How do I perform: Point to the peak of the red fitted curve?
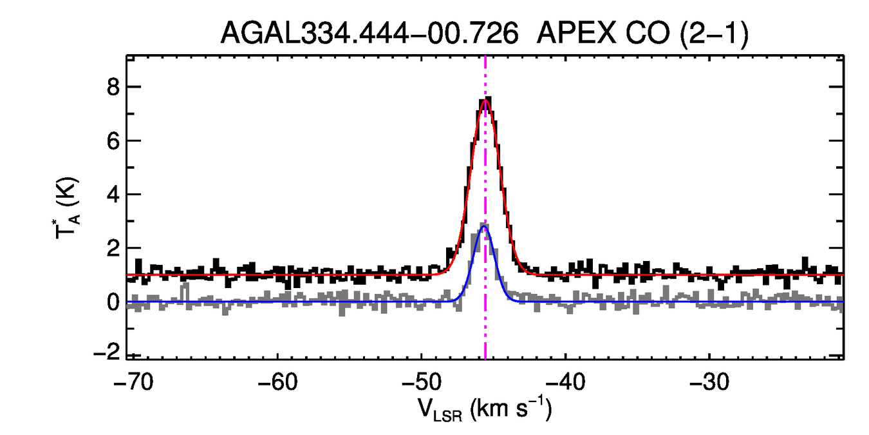coord(485,100)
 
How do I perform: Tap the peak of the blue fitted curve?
coord(485,226)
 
